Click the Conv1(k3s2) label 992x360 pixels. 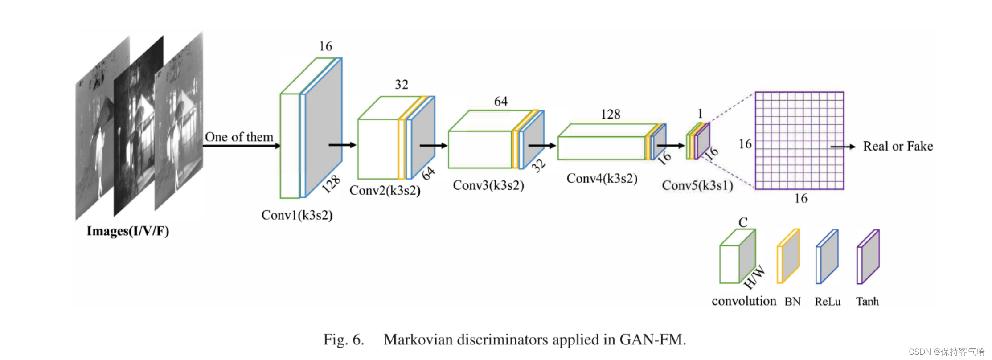tap(297, 215)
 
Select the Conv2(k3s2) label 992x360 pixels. tap(385, 191)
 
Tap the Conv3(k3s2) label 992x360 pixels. tap(488, 185)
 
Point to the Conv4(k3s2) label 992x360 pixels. tap(602, 179)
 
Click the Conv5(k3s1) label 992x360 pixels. tap(697, 185)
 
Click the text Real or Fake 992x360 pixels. tap(898, 147)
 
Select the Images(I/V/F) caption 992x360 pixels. tap(128, 231)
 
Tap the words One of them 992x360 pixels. tap(239, 137)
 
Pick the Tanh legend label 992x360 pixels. tap(867, 302)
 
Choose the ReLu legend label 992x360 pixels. tap(828, 302)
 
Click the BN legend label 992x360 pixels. tap(792, 302)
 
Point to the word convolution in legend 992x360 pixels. tap(744, 301)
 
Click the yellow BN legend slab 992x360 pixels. tap(788, 257)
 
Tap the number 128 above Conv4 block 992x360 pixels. tap(610, 115)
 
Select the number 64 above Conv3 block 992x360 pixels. tap(500, 102)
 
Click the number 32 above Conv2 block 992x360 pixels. tap(401, 85)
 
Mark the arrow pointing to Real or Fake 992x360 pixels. tap(843, 147)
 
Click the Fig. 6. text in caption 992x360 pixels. tap(344, 340)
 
